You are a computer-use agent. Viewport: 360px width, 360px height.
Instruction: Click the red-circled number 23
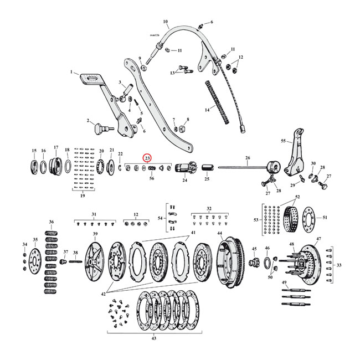click(147, 158)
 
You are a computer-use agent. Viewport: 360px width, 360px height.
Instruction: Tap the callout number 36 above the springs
click(51, 222)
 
